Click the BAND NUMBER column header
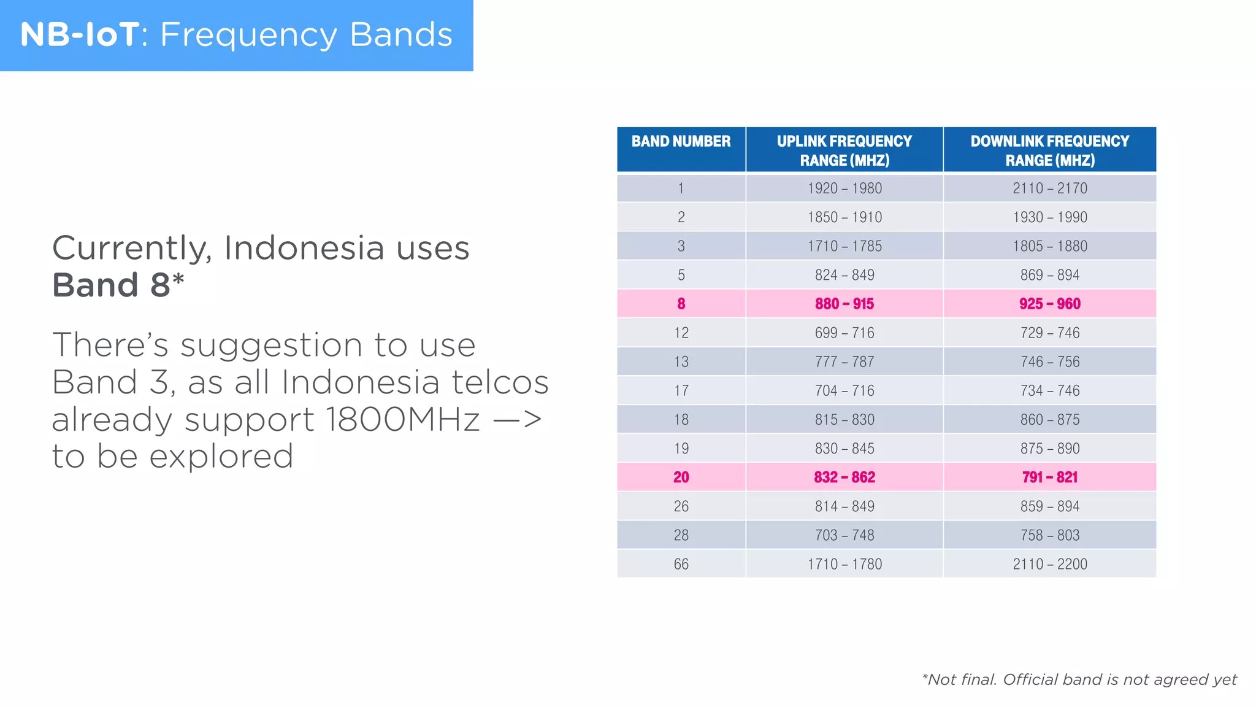tap(681, 142)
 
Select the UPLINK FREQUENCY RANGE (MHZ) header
tap(844, 150)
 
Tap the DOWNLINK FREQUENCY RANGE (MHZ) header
tap(1049, 150)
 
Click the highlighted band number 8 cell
tap(681, 304)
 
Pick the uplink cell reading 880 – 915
tap(844, 304)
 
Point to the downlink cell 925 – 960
tap(1049, 304)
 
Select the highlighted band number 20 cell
tap(681, 477)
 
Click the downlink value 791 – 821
tap(1049, 477)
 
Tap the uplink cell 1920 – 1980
tap(844, 188)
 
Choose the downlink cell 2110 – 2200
tap(1049, 564)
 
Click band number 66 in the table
tap(681, 564)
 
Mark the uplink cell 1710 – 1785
tap(844, 246)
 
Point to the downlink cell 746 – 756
tap(1049, 362)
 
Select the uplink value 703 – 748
tap(844, 535)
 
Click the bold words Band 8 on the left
tap(111, 285)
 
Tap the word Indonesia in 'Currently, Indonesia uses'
tap(304, 249)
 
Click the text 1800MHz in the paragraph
tap(402, 420)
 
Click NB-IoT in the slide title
tap(80, 34)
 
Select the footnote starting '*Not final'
tap(1079, 679)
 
